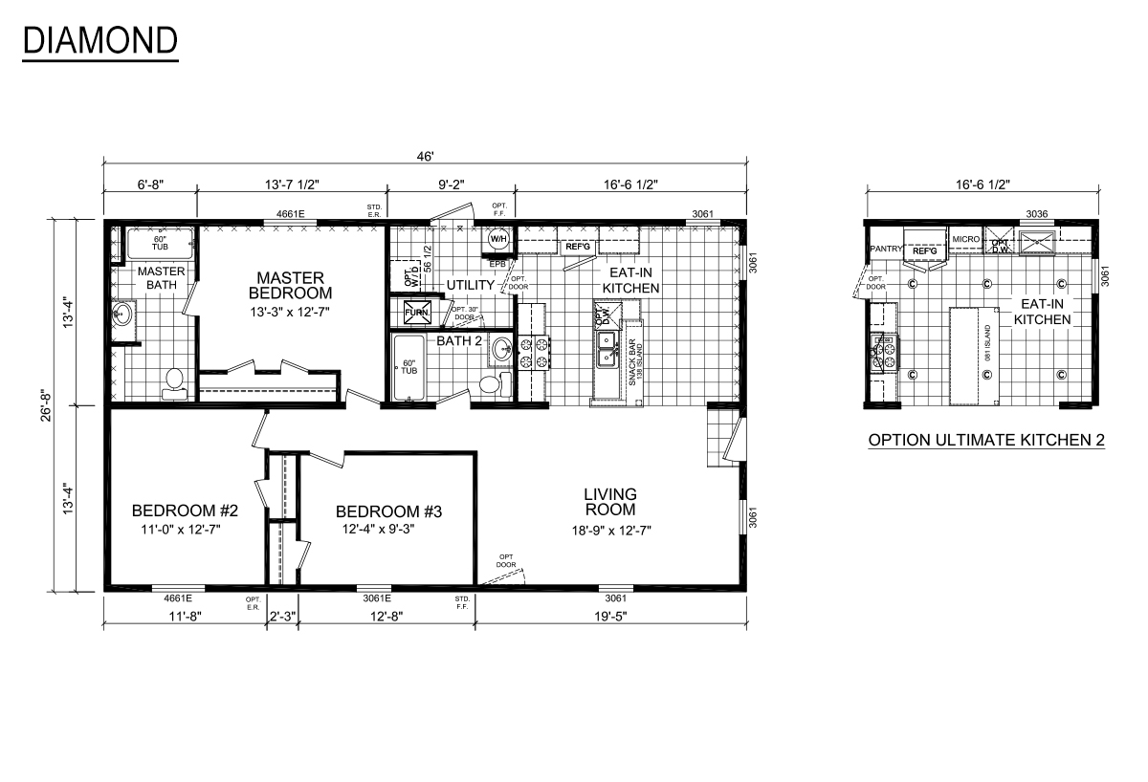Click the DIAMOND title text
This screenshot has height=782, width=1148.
[99, 40]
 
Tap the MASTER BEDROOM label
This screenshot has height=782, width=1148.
[289, 285]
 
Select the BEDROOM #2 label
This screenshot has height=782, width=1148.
[184, 510]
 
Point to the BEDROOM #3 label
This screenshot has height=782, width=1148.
[388, 511]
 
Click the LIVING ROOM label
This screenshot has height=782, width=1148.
[610, 502]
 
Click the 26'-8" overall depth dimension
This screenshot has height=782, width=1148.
[61, 404]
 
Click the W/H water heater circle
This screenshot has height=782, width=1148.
[498, 239]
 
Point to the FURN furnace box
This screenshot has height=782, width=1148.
[417, 313]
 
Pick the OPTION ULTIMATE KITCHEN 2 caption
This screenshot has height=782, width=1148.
[985, 441]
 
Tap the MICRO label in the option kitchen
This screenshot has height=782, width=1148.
[965, 239]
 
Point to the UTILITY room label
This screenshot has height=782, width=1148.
[470, 285]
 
